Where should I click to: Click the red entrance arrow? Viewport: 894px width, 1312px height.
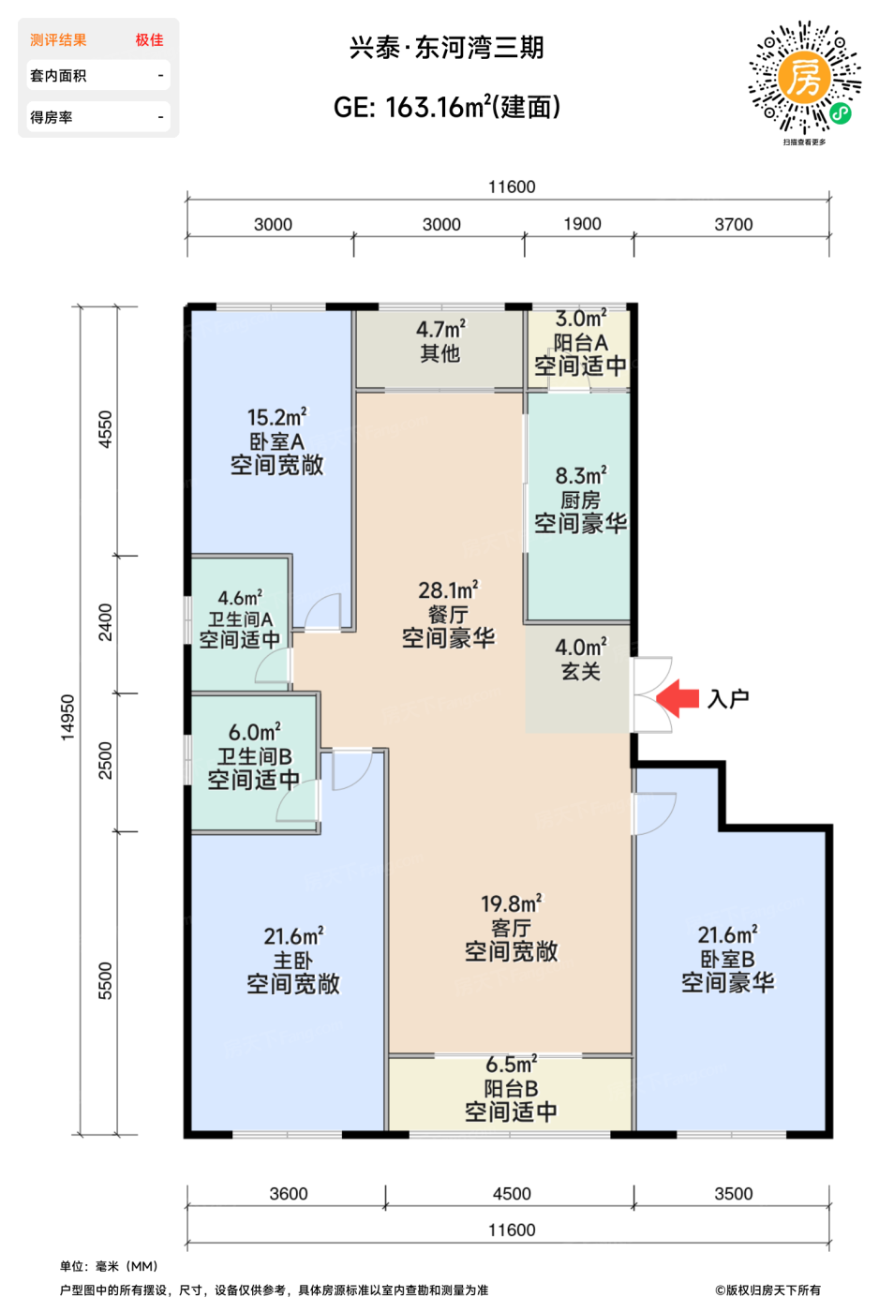coord(678,697)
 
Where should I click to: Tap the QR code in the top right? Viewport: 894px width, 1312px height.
coord(804,78)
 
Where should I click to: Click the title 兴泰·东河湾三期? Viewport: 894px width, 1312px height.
coord(446,48)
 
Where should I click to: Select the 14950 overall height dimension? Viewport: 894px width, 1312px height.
coord(67,718)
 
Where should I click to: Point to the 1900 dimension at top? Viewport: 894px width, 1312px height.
coord(582,224)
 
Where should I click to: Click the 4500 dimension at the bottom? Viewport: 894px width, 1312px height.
coord(512,1193)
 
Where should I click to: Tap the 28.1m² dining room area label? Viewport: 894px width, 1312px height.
coord(448,590)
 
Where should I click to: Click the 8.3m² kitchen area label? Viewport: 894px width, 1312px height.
coord(580,476)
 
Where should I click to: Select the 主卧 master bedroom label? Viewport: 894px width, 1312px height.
coord(292,961)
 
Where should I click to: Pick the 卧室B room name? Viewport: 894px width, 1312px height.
coord(727,959)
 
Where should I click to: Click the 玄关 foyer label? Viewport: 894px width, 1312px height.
coord(580,671)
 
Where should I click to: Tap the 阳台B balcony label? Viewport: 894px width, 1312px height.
coord(511,1088)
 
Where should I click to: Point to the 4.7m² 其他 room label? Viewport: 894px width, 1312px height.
coord(440,341)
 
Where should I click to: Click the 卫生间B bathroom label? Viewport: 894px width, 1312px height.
coord(254,756)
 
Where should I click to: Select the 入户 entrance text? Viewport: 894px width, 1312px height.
coord(728,699)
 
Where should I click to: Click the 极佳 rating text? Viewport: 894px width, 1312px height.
coord(149,40)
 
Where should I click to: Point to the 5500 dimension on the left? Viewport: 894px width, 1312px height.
coord(105,980)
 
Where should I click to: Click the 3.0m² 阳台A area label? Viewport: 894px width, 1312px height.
coord(580,320)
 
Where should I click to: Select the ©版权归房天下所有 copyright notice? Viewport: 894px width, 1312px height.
coord(767,1290)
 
